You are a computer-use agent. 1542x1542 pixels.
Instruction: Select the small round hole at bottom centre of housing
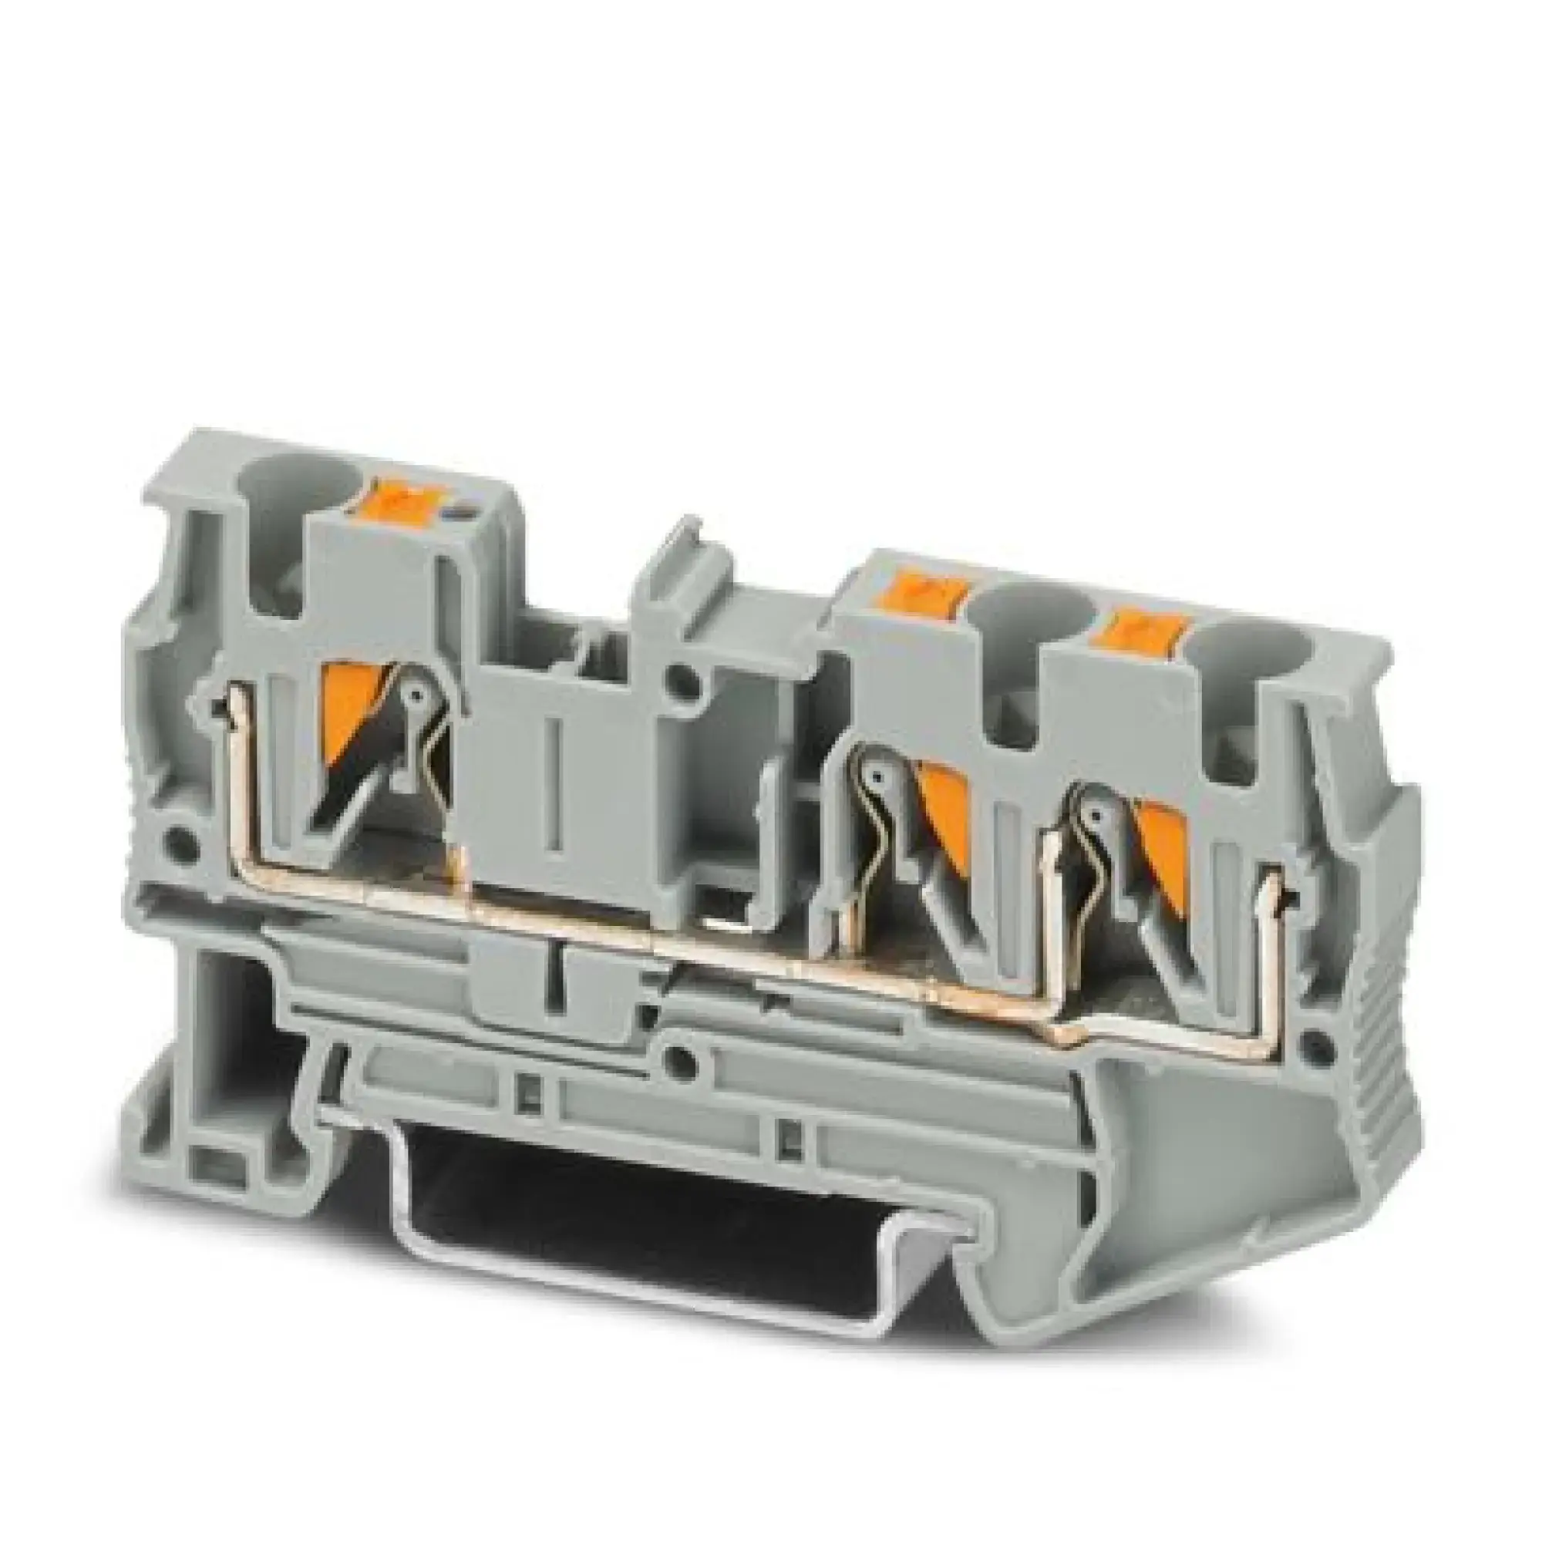[x=681, y=1061]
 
